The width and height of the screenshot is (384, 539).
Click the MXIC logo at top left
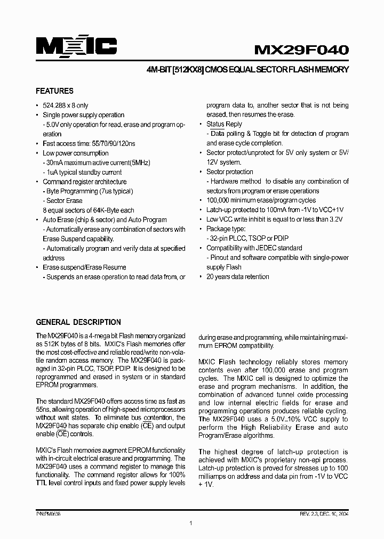(76, 47)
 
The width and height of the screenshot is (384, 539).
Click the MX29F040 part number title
(301, 50)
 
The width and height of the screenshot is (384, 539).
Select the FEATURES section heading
(54, 91)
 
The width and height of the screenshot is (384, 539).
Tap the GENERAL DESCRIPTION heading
(78, 322)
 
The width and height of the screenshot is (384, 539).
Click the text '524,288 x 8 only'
(66, 105)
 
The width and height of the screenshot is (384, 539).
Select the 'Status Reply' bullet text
(224, 124)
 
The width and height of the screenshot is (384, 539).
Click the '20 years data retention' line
(237, 277)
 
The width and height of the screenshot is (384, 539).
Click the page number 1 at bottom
(190, 524)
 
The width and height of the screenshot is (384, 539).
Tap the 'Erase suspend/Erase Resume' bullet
(84, 267)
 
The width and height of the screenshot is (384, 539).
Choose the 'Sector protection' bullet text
(230, 172)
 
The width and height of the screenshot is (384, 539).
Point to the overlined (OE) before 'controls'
(63, 435)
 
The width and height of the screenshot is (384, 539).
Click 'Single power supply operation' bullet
(83, 115)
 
